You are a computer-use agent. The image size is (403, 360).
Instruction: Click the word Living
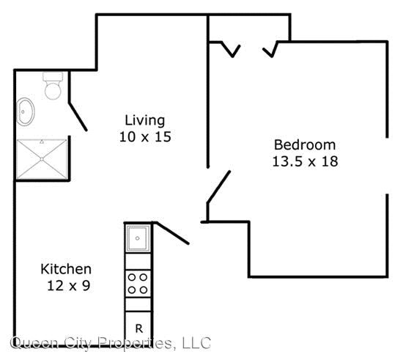(x=144, y=120)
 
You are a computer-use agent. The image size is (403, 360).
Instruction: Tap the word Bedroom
(x=304, y=144)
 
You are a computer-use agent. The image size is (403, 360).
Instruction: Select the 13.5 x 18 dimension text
(x=304, y=161)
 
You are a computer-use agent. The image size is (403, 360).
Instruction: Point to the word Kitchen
(x=66, y=269)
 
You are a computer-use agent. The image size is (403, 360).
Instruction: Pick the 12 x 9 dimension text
(x=66, y=286)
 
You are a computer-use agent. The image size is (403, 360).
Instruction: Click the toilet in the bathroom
(x=52, y=89)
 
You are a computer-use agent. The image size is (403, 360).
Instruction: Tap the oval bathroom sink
(x=26, y=112)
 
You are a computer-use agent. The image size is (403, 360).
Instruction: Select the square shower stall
(x=42, y=159)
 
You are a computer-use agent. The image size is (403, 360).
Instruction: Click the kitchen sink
(x=137, y=238)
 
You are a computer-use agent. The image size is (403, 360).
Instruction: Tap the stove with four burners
(x=137, y=282)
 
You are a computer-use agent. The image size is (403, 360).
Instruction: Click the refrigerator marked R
(x=137, y=327)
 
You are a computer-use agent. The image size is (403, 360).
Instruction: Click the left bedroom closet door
(x=230, y=48)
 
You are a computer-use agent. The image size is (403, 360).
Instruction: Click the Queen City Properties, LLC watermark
(x=110, y=342)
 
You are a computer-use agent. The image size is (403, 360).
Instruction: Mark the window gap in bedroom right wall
(x=387, y=165)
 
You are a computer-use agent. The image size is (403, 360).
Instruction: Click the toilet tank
(x=52, y=76)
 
